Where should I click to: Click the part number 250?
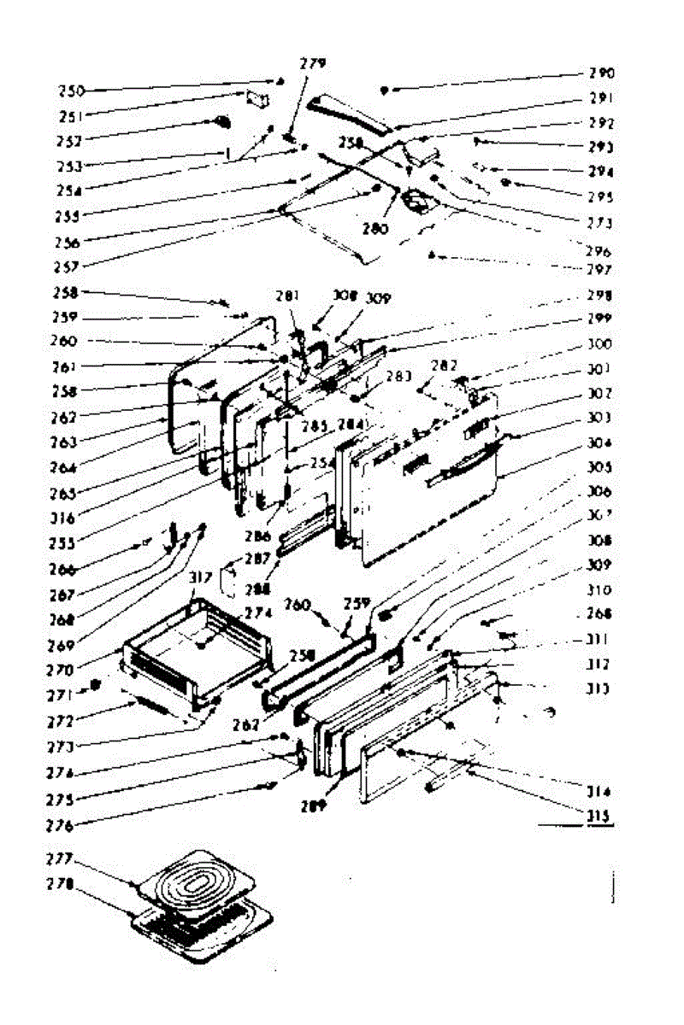(x=73, y=91)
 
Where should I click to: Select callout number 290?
(x=602, y=73)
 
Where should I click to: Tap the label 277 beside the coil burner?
(x=59, y=857)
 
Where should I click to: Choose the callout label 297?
(x=602, y=270)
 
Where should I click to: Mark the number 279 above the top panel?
(x=313, y=63)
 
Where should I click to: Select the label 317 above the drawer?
(x=201, y=578)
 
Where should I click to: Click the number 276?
(x=61, y=825)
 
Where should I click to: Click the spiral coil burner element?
(x=197, y=880)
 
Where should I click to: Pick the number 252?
(x=72, y=140)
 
